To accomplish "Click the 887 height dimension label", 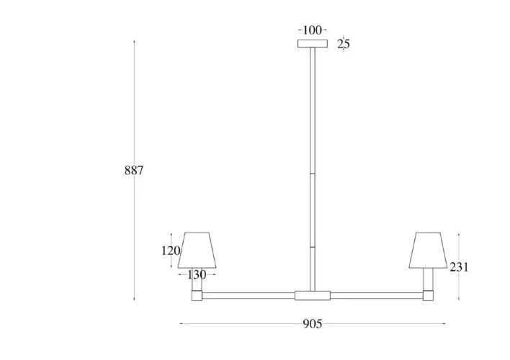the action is point(134,171).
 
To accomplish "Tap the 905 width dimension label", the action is point(312,324).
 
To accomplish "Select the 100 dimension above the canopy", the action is point(312,30).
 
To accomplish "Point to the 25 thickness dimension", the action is point(344,44).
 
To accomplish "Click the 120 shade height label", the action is point(171,251).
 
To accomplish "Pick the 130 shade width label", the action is point(197,275).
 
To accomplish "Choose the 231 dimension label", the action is point(460,267).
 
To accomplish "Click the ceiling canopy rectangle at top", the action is point(312,44).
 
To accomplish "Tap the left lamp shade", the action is point(197,250).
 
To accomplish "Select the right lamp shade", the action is point(428,250).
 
